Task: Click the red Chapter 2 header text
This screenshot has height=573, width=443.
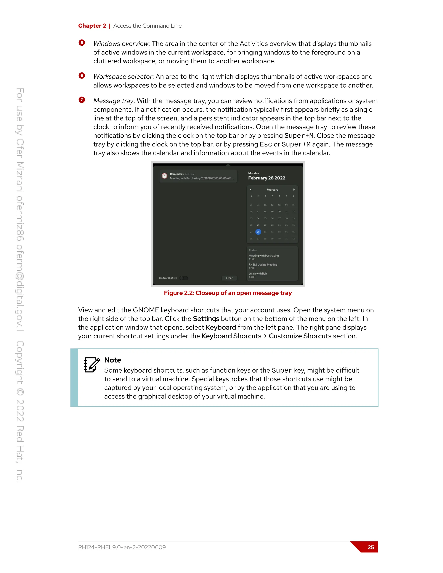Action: point(92,26)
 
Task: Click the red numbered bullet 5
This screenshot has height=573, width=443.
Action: point(82,43)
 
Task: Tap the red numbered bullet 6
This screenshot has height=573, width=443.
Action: point(82,75)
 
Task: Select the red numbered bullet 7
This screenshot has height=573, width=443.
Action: point(82,100)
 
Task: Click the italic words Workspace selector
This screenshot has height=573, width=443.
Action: point(123,77)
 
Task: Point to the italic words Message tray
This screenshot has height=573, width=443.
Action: point(113,101)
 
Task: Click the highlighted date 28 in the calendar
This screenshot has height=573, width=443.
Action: point(258,232)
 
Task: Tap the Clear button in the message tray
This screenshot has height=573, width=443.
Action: point(229,278)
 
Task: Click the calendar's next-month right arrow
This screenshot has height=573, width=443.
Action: point(294,189)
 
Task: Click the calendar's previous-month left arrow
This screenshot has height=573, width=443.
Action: point(251,189)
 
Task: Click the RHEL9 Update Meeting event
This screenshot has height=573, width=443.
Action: point(263,265)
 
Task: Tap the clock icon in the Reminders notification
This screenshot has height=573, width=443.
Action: point(165,176)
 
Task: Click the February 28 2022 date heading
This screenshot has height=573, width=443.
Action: point(267,178)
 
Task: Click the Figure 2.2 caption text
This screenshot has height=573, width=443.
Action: point(228,293)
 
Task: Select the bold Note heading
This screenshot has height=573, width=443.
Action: point(112,360)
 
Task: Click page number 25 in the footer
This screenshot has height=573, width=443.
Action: point(371,547)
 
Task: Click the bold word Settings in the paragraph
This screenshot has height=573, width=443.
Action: point(206,319)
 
